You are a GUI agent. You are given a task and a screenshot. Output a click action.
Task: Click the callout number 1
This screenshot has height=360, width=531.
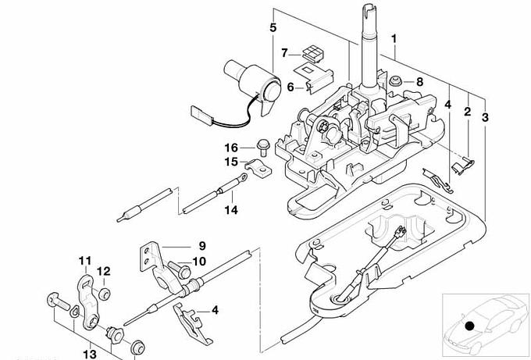[x=394, y=38]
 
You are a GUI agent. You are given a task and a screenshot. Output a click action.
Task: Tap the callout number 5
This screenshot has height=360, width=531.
[x=273, y=27]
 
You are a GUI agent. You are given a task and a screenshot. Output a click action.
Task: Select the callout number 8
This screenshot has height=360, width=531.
[x=419, y=82]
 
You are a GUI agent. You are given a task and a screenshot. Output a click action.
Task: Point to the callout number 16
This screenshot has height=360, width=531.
[x=232, y=148]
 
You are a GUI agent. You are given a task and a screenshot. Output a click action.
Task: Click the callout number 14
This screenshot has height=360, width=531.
[x=231, y=210]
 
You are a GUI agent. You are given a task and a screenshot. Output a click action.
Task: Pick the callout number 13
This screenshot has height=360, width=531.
[x=90, y=355]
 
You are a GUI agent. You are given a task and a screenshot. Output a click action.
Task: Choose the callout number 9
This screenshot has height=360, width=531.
[x=202, y=245]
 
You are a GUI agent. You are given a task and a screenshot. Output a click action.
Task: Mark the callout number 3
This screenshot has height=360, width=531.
[x=485, y=117]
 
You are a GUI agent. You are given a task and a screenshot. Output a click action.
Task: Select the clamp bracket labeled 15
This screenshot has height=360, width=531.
[x=258, y=168]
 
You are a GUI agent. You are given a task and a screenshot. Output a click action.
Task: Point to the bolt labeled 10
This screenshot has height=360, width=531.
[x=179, y=269]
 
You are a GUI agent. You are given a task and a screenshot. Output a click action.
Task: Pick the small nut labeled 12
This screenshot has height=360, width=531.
[x=104, y=294]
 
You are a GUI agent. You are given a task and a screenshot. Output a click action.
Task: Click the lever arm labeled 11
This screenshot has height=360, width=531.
[x=87, y=302]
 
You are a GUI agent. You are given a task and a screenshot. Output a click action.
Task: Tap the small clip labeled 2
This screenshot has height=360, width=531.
[x=463, y=166]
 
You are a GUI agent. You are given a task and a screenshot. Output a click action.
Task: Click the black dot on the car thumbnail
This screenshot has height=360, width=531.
[x=469, y=326]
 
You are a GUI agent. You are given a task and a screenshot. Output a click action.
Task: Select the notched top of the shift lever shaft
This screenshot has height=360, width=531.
[x=369, y=11]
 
